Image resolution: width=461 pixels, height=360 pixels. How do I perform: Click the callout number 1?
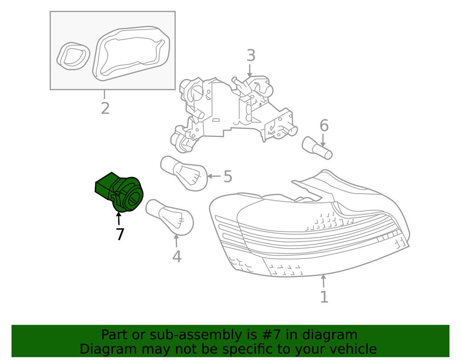tap(324, 296)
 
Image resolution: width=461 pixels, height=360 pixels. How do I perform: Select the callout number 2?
tap(105, 108)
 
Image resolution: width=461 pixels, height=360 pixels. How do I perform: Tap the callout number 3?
tap(250, 55)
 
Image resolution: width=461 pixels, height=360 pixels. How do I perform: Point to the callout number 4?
tap(177, 256)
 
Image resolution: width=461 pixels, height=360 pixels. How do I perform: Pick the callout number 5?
tap(228, 176)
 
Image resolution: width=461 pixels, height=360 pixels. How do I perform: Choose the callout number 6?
tap(324, 125)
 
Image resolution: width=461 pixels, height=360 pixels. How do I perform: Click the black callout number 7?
tap(120, 235)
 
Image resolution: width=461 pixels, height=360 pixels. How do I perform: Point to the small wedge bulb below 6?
tap(317, 148)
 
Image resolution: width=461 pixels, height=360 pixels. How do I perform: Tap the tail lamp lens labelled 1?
tap(309, 230)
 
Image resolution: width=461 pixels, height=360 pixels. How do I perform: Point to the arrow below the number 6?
tap(324, 139)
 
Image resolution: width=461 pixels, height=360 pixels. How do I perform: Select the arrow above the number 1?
tap(324, 281)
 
